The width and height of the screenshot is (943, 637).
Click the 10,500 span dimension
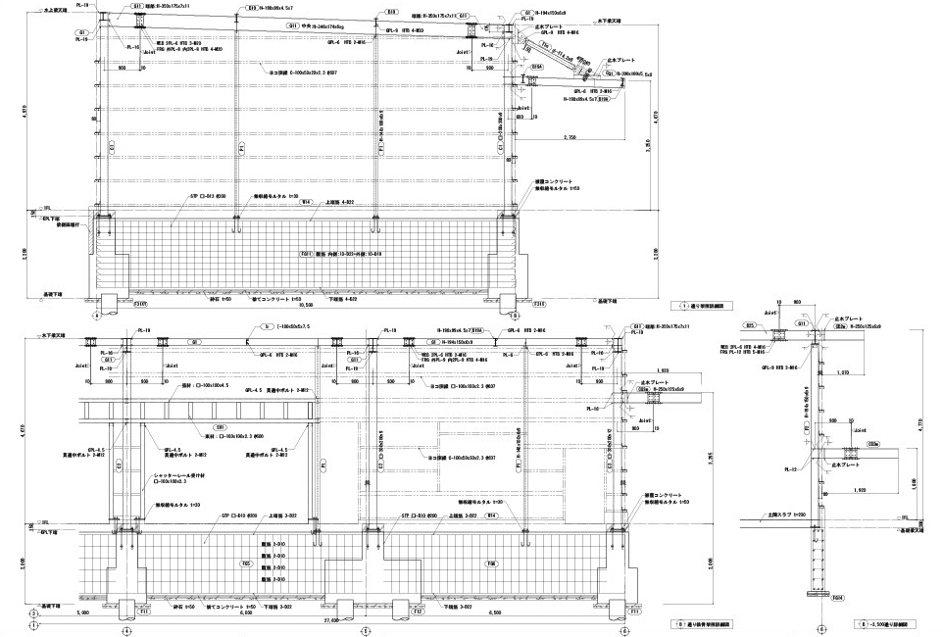(306, 305)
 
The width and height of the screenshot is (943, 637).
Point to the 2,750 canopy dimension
(571, 138)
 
